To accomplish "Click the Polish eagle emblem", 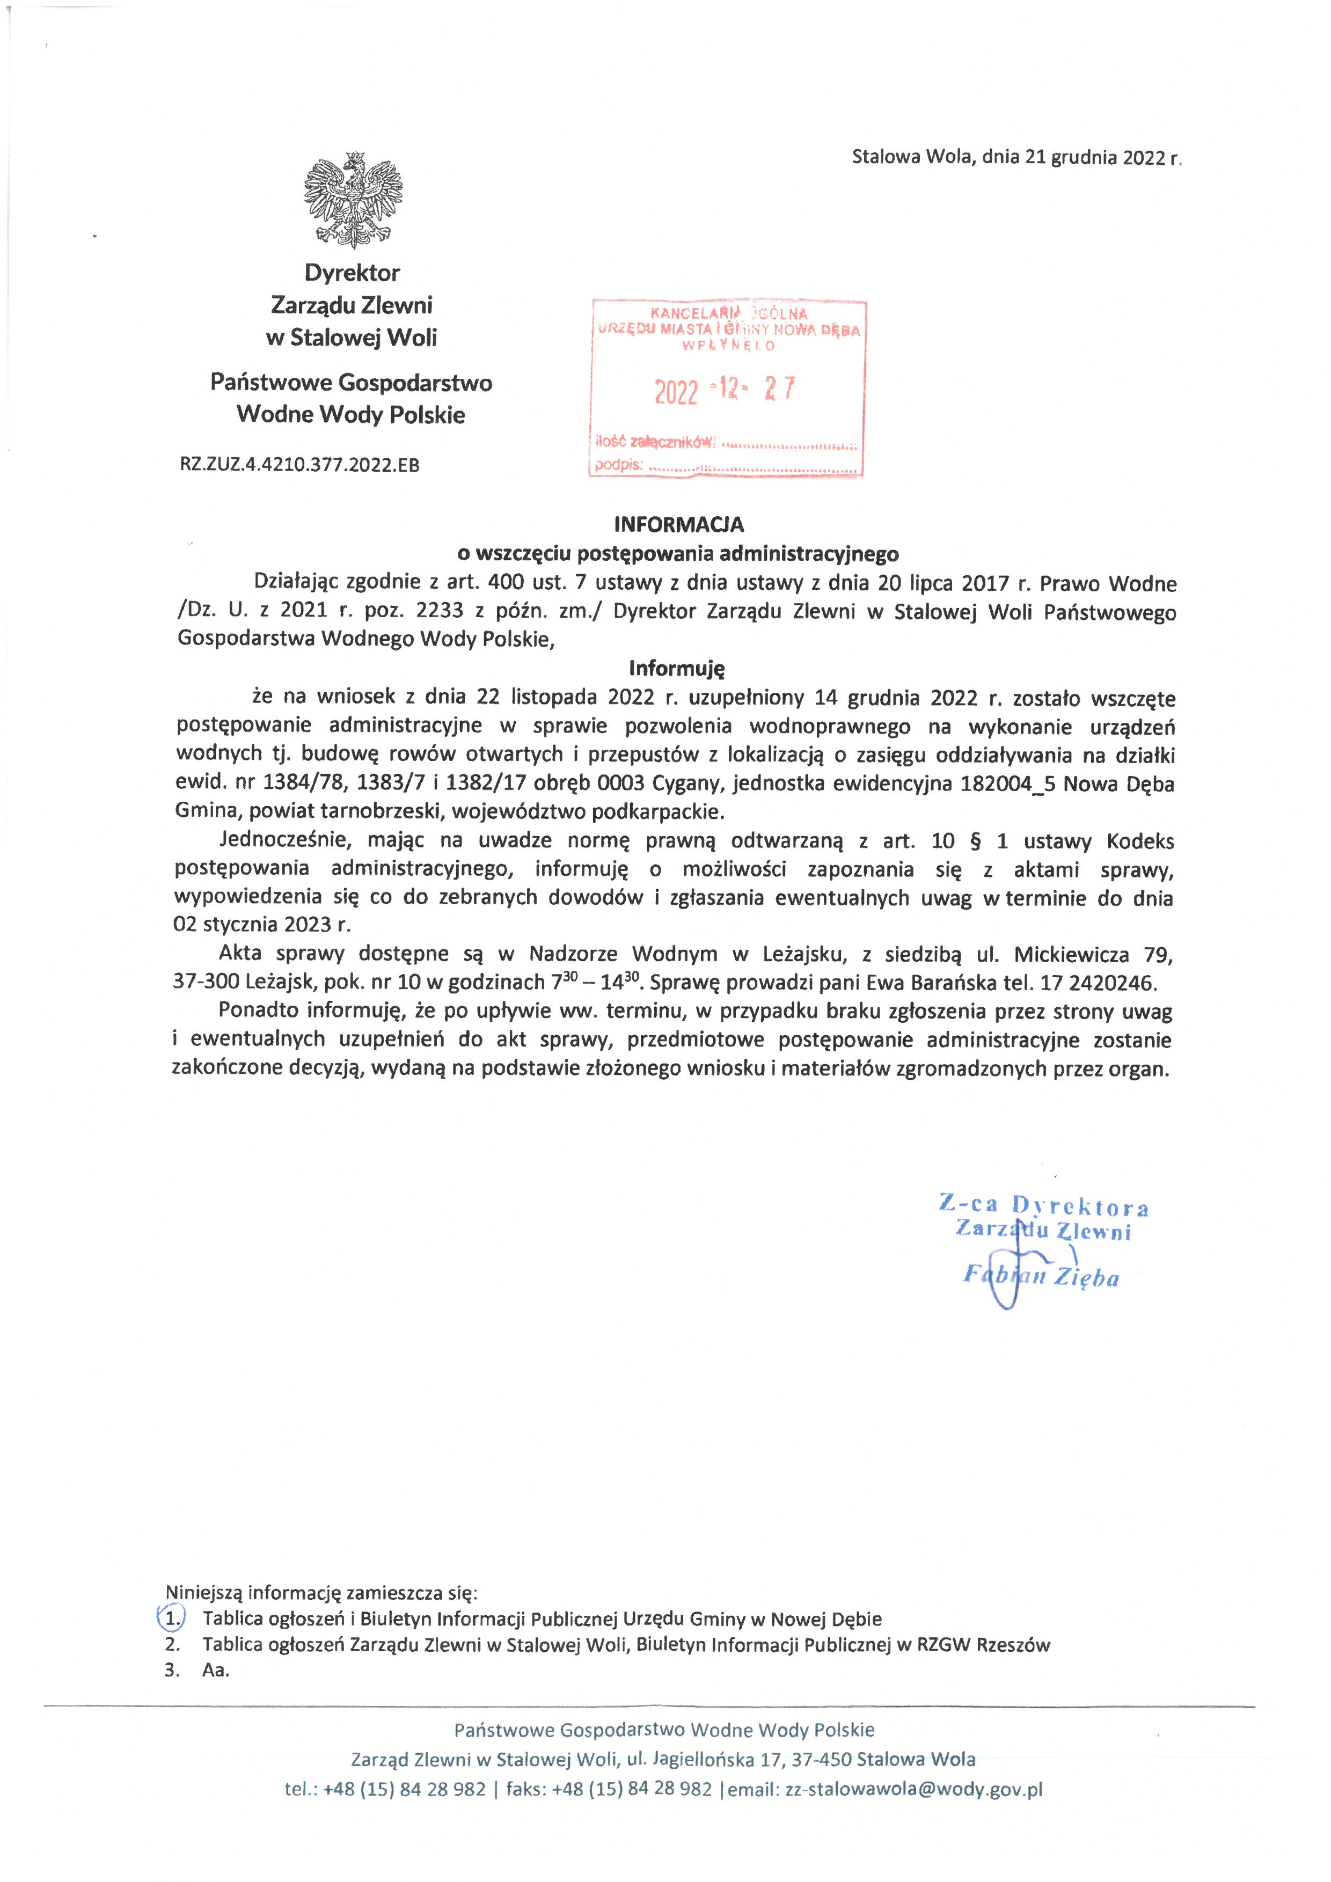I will pyautogui.click(x=353, y=199).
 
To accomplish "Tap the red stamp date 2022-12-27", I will pyautogui.click(x=725, y=390).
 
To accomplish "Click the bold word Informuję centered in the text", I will pyautogui.click(x=677, y=668).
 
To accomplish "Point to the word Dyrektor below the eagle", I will pyautogui.click(x=353, y=273).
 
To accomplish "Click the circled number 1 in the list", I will pyautogui.click(x=171, y=1619).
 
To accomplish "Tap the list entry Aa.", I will pyautogui.click(x=216, y=1669).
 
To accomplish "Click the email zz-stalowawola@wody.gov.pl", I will pyautogui.click(x=914, y=1789).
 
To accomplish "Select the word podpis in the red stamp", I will pyautogui.click(x=618, y=465).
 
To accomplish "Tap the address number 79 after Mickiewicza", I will pyautogui.click(x=1160, y=955).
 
